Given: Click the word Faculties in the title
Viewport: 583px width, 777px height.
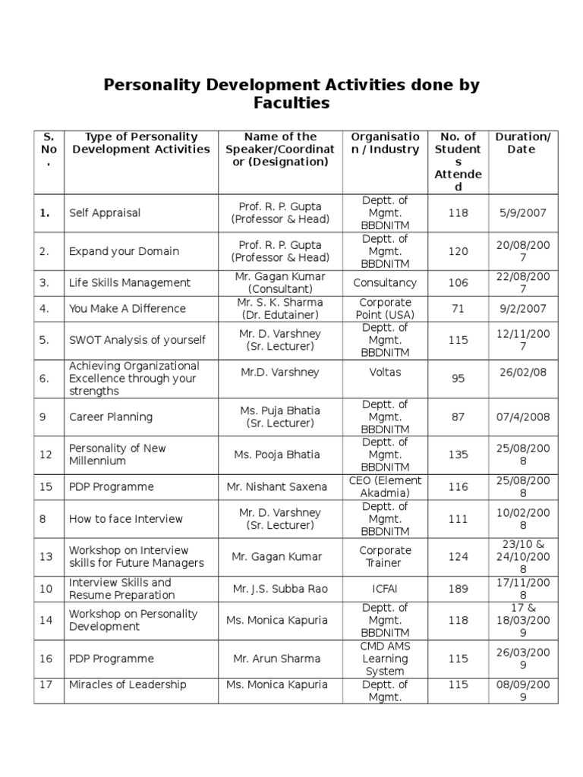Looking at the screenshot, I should coord(291,102).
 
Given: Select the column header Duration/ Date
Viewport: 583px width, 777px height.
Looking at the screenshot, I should coord(522,143).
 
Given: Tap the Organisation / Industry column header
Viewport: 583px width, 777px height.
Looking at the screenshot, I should coord(385,143).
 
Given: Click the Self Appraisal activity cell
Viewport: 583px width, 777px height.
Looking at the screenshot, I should coord(105,213).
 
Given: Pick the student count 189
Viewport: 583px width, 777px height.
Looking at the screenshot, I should coord(458,589).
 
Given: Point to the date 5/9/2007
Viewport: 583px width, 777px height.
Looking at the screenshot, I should coord(522,213).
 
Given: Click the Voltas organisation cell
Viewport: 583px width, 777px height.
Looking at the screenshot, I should coord(385,373).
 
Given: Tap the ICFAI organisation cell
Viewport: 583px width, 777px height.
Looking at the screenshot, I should coord(385,589).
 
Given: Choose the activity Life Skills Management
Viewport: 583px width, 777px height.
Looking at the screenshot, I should coord(130,283).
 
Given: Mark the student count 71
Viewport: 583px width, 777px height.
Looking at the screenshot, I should coord(458,309).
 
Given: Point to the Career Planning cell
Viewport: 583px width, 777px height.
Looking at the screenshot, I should coord(111,417).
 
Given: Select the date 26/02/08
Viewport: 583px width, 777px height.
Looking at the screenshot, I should coord(522,373).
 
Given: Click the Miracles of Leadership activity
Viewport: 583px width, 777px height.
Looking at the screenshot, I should coord(128,684).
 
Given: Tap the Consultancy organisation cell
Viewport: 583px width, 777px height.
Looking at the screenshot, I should coord(385,283).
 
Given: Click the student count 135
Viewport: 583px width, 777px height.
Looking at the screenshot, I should coord(458,455).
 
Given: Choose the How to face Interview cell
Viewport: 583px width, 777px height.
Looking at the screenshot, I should coord(126,519).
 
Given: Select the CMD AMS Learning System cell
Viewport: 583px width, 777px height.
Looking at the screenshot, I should coord(385,659).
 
